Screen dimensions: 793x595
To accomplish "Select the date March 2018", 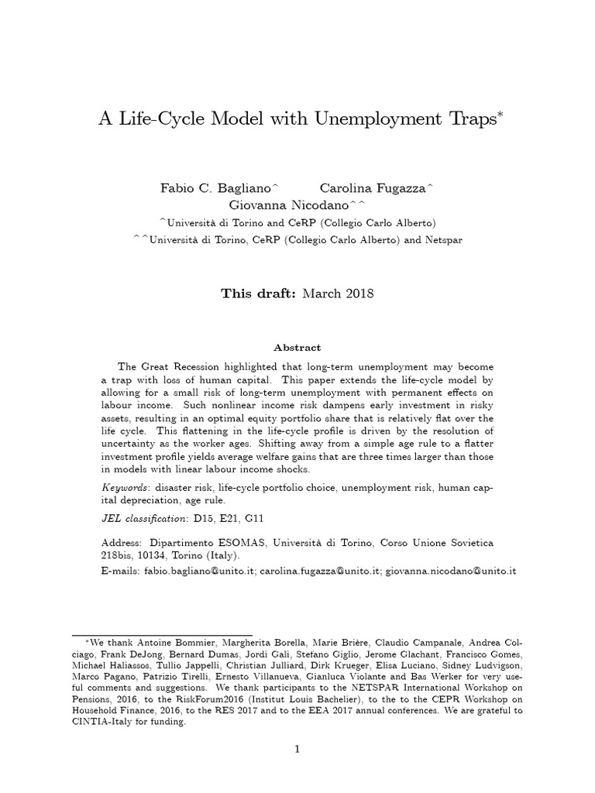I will (338, 294).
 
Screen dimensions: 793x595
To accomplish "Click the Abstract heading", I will (297, 348).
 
